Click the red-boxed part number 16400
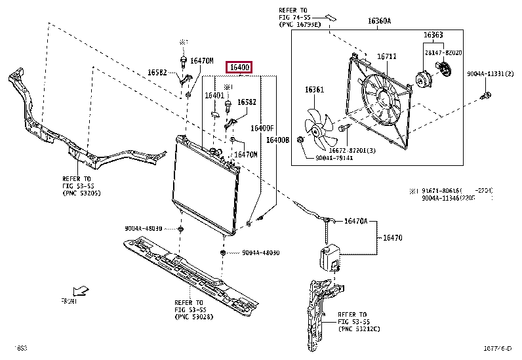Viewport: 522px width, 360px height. pos(238,68)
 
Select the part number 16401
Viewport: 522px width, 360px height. pos(214,96)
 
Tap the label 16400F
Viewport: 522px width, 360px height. pos(262,128)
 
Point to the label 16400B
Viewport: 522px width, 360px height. pos(277,140)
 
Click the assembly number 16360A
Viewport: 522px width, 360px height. pos(379,21)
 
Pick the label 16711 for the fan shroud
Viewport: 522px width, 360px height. pos(386,56)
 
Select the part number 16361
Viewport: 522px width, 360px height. pos(314,89)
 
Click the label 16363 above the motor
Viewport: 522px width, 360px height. pos(432,35)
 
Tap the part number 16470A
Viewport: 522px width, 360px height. pos(356,222)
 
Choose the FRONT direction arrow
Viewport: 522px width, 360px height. pos(81,290)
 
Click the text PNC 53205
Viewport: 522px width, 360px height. pos(81,194)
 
